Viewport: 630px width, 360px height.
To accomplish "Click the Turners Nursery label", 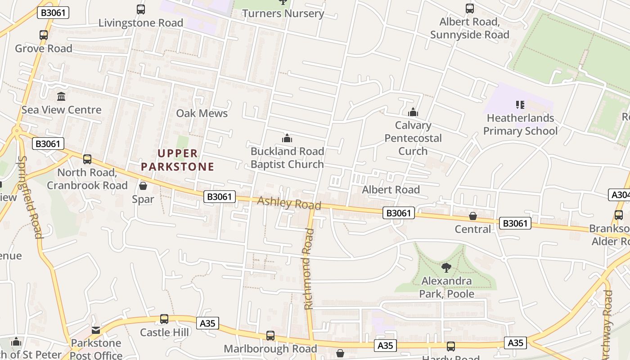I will point(283,13).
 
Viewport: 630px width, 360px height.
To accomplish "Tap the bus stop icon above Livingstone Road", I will point(141,9).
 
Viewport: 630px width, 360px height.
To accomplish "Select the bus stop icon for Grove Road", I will point(44,35).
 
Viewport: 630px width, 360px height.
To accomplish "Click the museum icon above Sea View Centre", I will point(61,96).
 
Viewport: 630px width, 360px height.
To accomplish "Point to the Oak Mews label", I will point(202,113).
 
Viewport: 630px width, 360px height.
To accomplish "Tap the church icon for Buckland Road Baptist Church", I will point(287,138).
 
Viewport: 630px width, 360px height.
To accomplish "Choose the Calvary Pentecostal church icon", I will point(413,112).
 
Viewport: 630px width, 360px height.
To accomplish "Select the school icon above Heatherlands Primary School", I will point(520,105).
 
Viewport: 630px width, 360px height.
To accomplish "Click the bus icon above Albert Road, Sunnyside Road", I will point(469,8).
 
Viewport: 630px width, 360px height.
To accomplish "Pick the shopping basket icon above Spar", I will point(143,185).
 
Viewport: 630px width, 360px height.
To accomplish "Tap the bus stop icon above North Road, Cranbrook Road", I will point(87,159).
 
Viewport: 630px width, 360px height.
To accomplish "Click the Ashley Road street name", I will point(289,203).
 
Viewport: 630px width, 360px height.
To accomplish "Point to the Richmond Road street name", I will point(308,269).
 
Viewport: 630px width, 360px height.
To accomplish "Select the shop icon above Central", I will point(473,216).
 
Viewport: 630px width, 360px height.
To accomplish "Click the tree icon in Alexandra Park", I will point(446,268).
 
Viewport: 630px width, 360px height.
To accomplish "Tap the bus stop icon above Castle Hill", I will point(164,319).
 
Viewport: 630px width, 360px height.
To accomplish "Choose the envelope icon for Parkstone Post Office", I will point(96,330).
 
